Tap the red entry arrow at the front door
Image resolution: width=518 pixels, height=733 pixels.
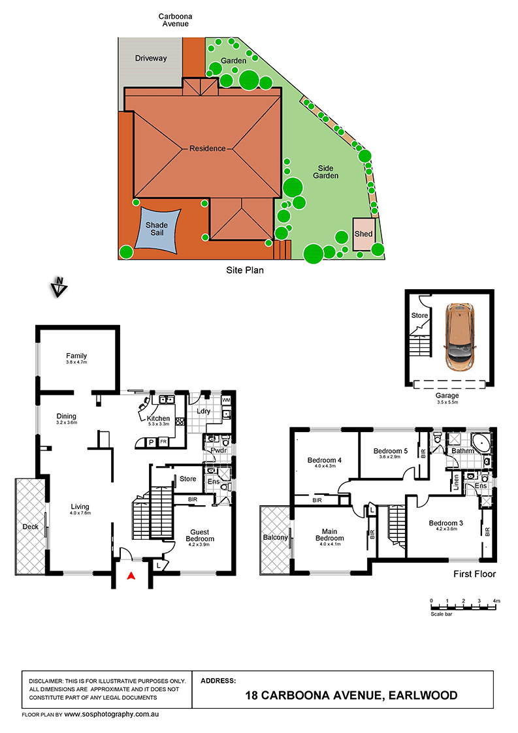pyautogui.click(x=131, y=576)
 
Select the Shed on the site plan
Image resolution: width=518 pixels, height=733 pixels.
pyautogui.click(x=363, y=234)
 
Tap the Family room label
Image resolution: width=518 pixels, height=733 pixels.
pyautogui.click(x=76, y=356)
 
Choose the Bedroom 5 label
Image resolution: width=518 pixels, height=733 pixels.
pyautogui.click(x=390, y=450)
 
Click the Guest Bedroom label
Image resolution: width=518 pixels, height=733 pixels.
pyautogui.click(x=200, y=535)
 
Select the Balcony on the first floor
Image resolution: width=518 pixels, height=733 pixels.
pyautogui.click(x=275, y=537)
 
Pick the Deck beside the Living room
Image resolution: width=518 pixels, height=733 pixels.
pyautogui.click(x=31, y=526)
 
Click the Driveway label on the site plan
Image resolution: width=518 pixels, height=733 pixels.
pyautogui.click(x=151, y=58)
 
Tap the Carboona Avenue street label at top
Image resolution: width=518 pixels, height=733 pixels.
pyautogui.click(x=174, y=20)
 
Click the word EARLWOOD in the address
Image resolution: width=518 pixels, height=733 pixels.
pyautogui.click(x=421, y=696)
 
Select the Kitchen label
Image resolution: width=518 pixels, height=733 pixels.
pyautogui.click(x=159, y=418)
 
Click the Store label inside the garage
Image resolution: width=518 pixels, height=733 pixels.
pyautogui.click(x=419, y=316)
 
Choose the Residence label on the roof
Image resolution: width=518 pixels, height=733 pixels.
pyautogui.click(x=208, y=148)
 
